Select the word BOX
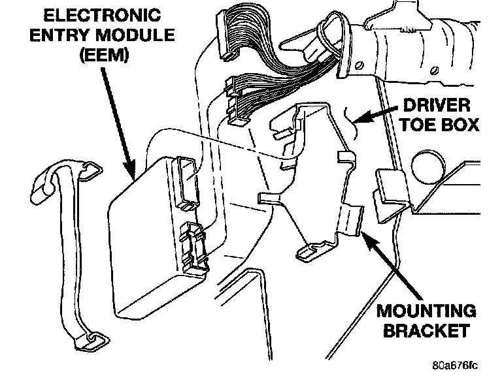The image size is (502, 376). pos(460,125)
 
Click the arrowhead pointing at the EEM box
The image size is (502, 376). pos(131,171)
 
